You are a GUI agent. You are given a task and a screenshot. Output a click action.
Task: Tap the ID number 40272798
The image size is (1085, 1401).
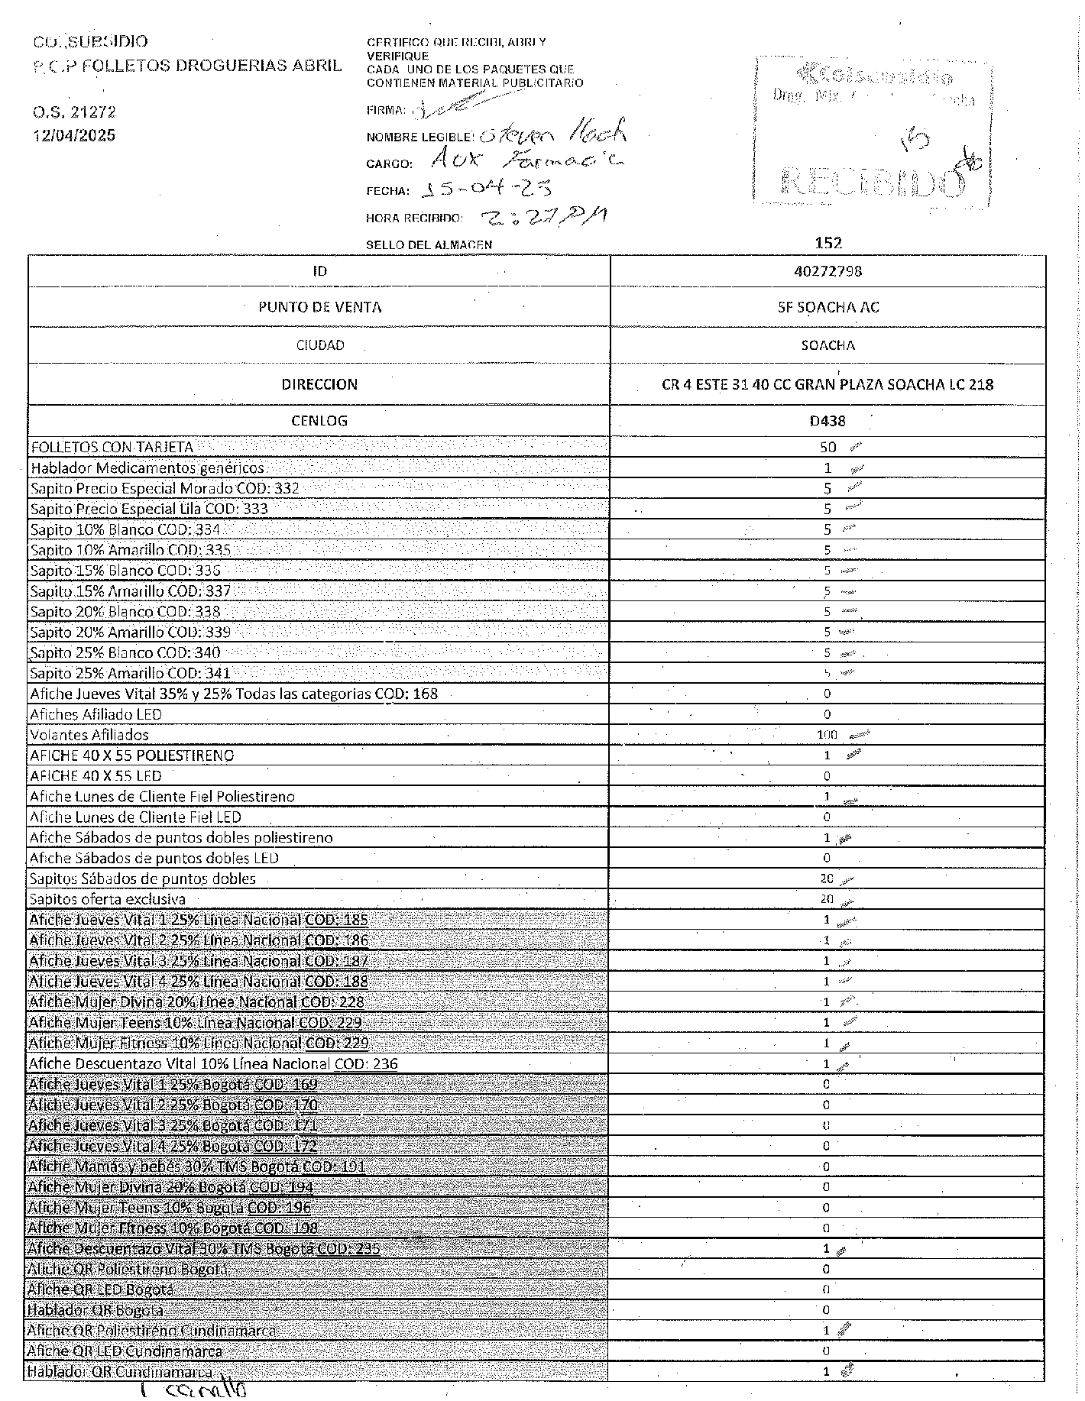click(828, 271)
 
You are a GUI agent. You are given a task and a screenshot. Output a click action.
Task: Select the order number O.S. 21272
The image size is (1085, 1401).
click(74, 112)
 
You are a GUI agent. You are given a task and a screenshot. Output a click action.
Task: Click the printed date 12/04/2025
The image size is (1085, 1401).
click(74, 135)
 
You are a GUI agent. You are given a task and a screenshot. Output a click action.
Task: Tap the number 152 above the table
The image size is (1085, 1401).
click(828, 243)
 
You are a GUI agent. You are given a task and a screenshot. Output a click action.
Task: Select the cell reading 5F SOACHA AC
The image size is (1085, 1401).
click(828, 307)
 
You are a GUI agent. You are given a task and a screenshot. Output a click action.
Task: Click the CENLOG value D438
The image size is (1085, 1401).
click(828, 421)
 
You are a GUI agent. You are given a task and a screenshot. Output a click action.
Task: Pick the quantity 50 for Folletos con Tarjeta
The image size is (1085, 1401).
click(828, 448)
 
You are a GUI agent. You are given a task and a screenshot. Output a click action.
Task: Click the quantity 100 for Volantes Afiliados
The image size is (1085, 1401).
click(828, 735)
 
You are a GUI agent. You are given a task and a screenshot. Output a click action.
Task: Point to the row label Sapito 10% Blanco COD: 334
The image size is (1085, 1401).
click(125, 529)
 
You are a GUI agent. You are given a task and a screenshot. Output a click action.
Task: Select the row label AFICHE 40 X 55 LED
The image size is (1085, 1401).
click(96, 776)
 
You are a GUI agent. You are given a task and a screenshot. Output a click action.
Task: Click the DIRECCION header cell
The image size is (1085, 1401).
click(319, 384)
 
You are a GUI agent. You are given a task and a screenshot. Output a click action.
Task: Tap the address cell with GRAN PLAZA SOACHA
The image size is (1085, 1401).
click(828, 384)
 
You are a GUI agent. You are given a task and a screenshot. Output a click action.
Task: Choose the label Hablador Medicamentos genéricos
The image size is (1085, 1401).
click(147, 468)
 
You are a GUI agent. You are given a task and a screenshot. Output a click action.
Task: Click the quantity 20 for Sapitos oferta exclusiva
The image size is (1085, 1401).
click(827, 899)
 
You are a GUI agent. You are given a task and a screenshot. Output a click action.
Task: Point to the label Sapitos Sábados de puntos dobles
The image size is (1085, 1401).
click(143, 878)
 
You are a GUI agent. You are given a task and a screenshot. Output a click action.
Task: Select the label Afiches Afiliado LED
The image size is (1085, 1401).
click(96, 714)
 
